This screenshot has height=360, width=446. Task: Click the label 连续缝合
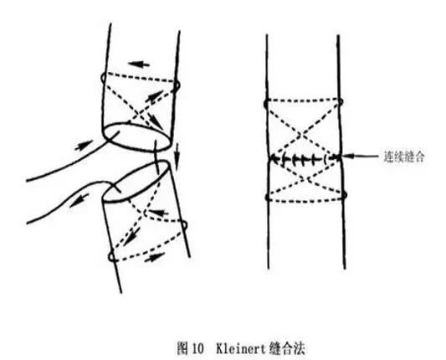point(404,157)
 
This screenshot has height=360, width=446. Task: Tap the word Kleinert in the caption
point(241,348)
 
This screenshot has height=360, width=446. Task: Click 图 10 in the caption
point(191,348)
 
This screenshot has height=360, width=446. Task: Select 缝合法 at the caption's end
point(286,348)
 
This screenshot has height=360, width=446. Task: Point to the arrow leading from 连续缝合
point(360,156)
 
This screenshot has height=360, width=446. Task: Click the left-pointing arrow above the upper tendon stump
point(139,64)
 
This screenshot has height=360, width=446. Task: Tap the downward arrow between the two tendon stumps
point(177,156)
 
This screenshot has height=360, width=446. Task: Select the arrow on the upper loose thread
point(84,145)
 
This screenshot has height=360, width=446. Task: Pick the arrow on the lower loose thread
point(79,200)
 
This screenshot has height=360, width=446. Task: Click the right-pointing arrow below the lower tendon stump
point(155,257)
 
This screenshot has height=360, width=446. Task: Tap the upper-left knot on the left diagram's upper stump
point(104,77)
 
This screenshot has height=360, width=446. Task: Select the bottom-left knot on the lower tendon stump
point(111,257)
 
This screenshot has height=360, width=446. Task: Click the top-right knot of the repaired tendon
point(341,101)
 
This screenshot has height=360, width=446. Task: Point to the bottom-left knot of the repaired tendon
point(268,197)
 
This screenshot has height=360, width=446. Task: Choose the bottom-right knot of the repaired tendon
point(344,195)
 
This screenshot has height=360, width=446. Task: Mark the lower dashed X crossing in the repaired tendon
point(305,179)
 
